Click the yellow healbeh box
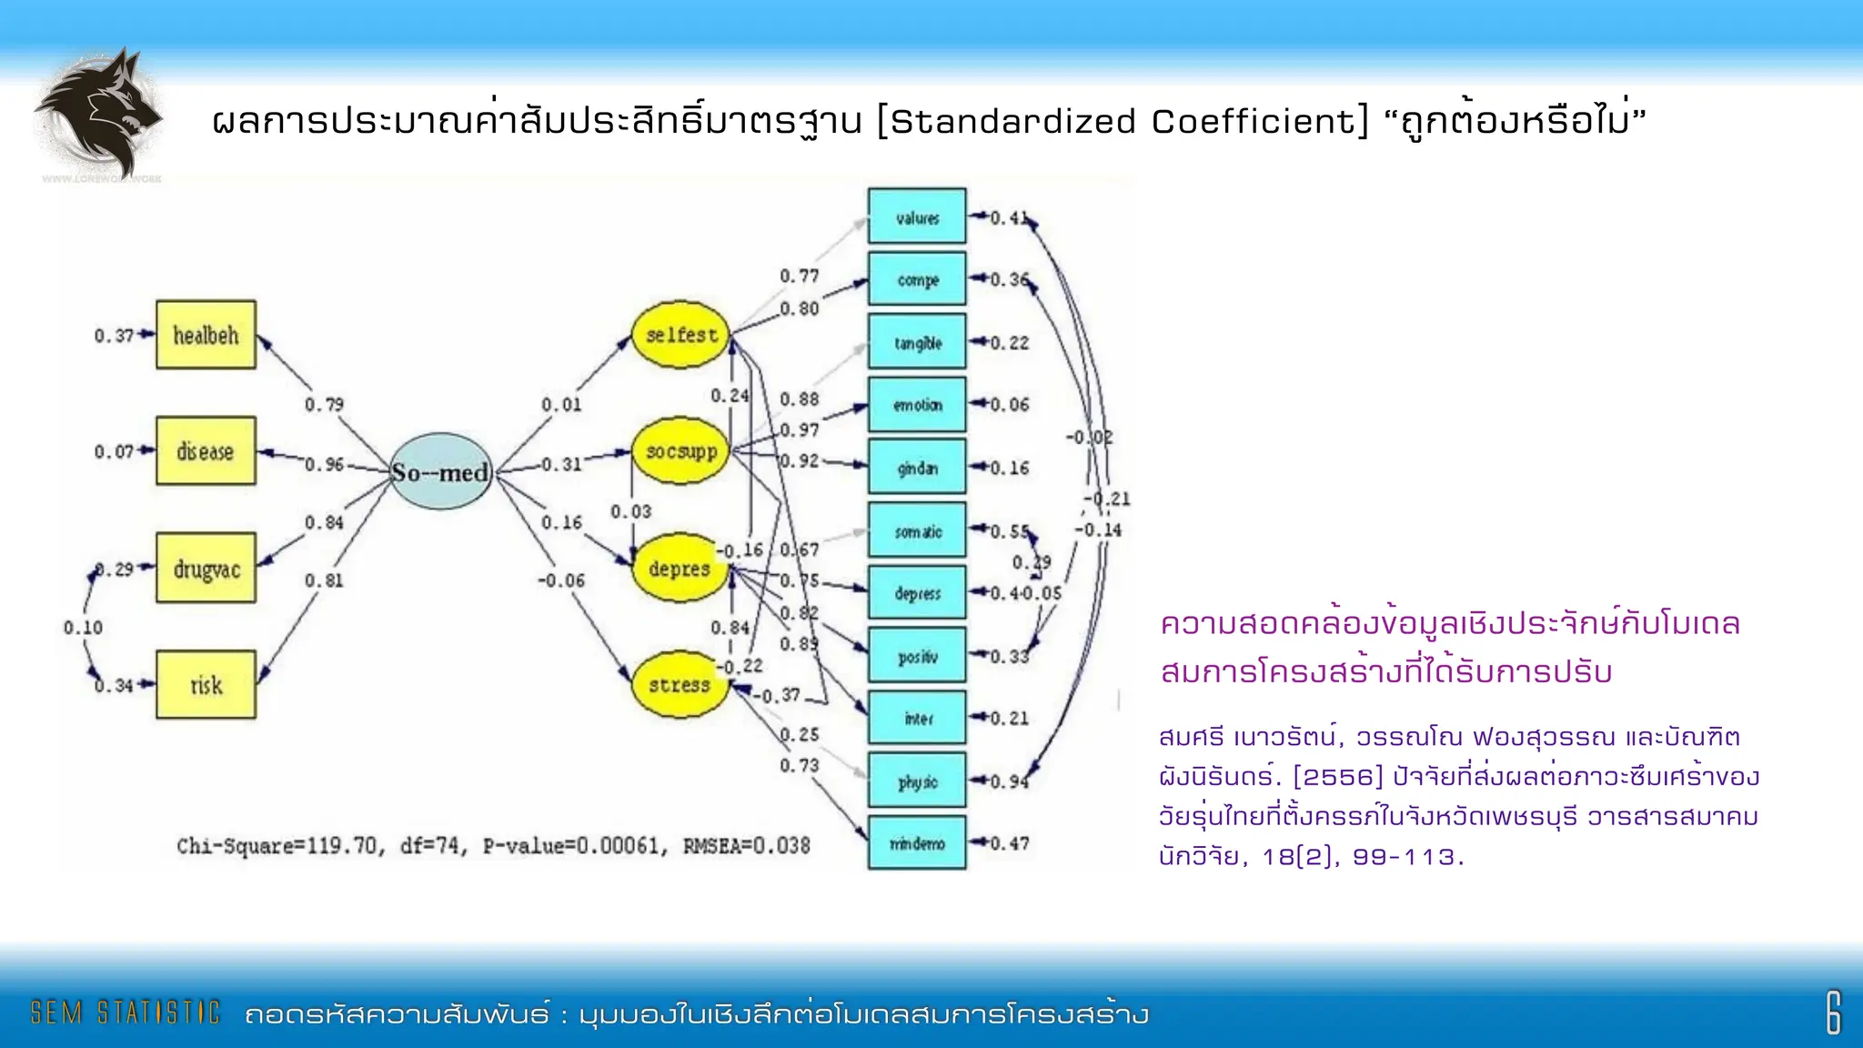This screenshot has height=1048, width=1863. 206,335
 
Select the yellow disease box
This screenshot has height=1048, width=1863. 206,451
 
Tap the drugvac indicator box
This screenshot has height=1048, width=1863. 206,569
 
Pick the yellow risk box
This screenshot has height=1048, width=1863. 206,684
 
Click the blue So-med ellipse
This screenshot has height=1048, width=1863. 441,471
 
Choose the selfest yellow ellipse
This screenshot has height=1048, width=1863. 681,335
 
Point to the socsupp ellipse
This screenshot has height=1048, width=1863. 681,451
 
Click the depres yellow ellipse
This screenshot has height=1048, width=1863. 680,569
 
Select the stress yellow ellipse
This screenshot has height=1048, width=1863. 680,684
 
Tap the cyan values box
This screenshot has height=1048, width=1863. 917,217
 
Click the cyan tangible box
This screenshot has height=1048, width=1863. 917,342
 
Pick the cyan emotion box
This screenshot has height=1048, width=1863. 917,405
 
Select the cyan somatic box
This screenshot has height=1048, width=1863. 917,530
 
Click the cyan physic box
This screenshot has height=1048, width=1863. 917,781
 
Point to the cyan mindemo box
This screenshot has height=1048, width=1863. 917,843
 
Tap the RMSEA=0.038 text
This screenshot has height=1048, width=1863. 746,846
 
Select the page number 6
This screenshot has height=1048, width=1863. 1833,1013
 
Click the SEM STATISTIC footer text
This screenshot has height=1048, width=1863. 126,1013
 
